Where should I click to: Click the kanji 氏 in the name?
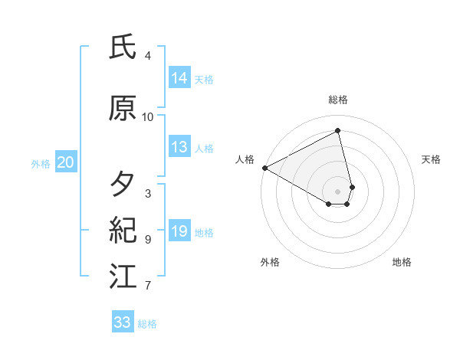pyautogui.click(x=123, y=48)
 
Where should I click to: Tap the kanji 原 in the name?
pyautogui.click(x=123, y=109)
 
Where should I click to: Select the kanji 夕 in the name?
pyautogui.click(x=123, y=185)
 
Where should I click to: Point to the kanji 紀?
pyautogui.click(x=123, y=231)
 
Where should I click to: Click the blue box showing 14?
pyautogui.click(x=179, y=78)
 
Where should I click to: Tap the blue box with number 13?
pyautogui.click(x=179, y=147)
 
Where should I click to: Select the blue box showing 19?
pyautogui.click(x=179, y=231)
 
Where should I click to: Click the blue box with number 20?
pyautogui.click(x=66, y=162)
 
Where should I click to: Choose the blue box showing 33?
pyautogui.click(x=123, y=322)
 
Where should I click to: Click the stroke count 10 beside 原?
pyautogui.click(x=148, y=117)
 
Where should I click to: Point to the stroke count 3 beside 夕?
pyautogui.click(x=148, y=193)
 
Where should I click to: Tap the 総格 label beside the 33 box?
pyautogui.click(x=147, y=324)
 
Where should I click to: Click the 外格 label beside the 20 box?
pyautogui.click(x=41, y=163)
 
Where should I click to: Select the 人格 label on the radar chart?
pyautogui.click(x=245, y=159)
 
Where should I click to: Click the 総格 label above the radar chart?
pyautogui.click(x=338, y=100)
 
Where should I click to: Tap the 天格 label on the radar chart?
pyautogui.click(x=432, y=159)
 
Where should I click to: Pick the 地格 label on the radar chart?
pyautogui.click(x=402, y=262)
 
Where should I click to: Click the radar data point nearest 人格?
pyautogui.click(x=264, y=167)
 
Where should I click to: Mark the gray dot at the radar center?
pyautogui.click(x=338, y=191)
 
